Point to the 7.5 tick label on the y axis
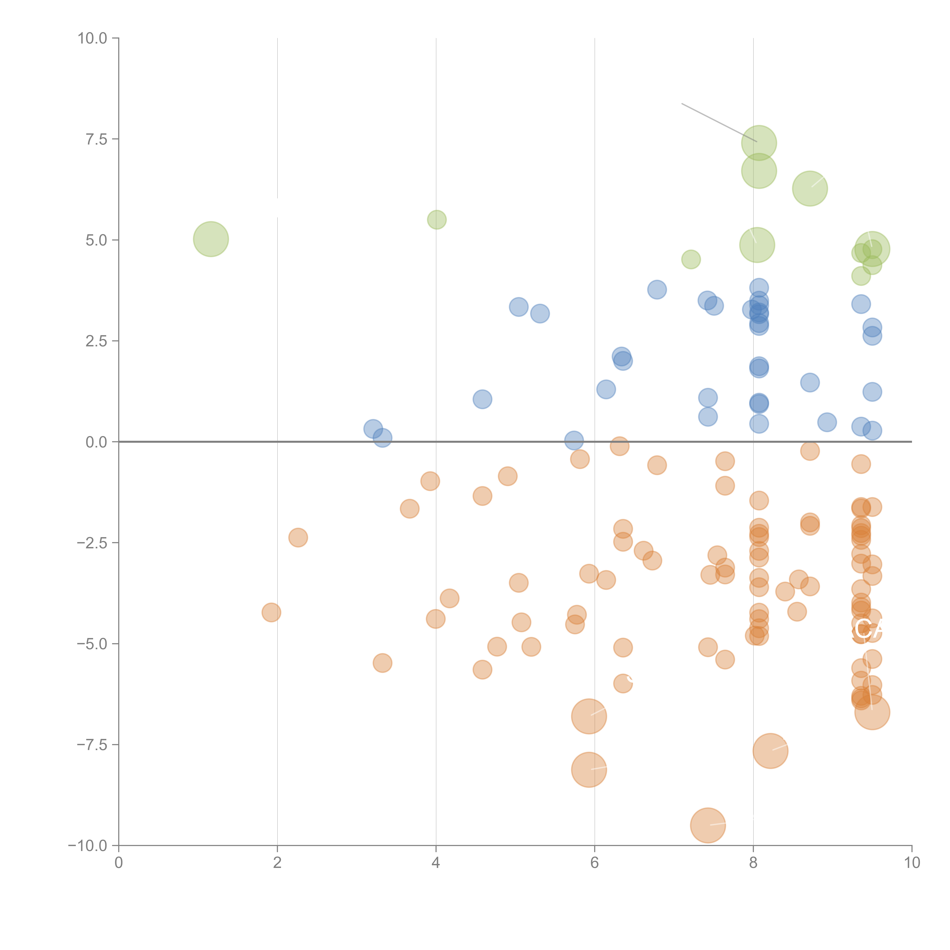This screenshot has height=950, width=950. pos(96,139)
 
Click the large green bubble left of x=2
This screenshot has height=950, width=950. pos(211,239)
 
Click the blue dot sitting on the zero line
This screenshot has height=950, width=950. pos(574,441)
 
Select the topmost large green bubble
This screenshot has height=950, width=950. pos(759,143)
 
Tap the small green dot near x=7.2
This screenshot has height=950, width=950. pos(691,259)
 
